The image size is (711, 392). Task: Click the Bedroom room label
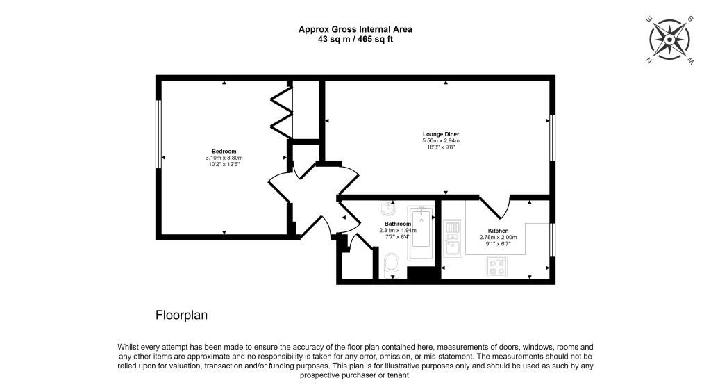pos(224,151)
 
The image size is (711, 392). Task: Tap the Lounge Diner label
pos(441,134)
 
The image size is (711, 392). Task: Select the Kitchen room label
pos(498,231)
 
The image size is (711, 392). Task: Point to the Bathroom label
pos(398,224)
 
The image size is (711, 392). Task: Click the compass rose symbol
pos(669,40)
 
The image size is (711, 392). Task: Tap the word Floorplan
pos(181,315)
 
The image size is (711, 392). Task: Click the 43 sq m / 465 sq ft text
pos(355,40)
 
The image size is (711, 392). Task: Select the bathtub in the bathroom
pos(421,233)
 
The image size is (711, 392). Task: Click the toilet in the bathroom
pos(392,265)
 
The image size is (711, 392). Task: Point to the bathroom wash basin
pos(387,208)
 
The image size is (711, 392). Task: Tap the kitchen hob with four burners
pos(496,266)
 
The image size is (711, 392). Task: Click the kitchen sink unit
pos(451,238)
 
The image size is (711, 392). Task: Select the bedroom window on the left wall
pos(159,134)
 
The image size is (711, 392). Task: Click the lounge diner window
pos(552,138)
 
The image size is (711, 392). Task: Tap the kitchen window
pos(552,240)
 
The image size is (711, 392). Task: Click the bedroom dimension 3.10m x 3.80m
pos(224,158)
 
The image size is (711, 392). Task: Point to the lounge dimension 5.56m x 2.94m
pos(441,140)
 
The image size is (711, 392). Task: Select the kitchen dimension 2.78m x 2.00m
pos(498,237)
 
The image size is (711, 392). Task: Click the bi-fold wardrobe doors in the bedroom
pos(282,113)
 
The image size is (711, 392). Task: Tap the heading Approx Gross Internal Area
pos(355,29)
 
